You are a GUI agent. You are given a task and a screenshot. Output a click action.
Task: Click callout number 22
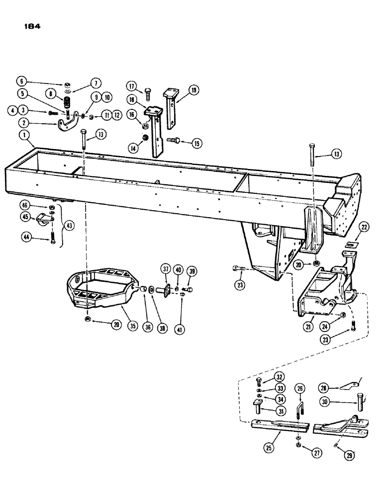pos(365,228)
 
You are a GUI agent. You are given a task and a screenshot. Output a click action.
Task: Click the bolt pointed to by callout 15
pos(174,141)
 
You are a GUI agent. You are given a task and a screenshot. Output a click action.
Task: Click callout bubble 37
pos(166,269)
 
